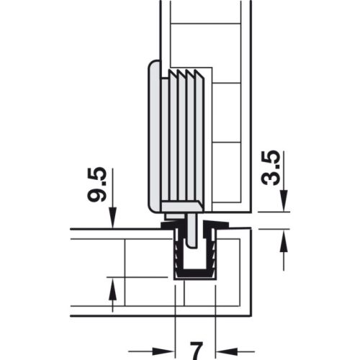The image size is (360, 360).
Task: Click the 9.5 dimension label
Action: pyautogui.click(x=99, y=185)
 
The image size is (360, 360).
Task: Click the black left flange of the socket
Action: pyautogui.click(x=171, y=227)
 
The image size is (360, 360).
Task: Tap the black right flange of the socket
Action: pyautogui.click(x=218, y=227)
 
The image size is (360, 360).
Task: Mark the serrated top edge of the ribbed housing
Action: pyautogui.click(x=187, y=73)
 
